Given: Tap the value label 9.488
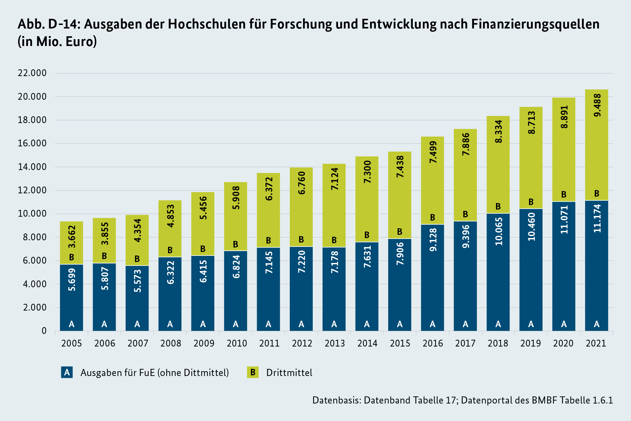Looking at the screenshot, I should [597, 105].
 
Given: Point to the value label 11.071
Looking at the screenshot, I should [564, 219].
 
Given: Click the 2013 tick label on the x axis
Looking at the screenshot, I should [335, 343].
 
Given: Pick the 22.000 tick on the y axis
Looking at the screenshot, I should [32, 73].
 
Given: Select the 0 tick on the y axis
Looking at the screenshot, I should [44, 331].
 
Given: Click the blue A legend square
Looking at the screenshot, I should [67, 372].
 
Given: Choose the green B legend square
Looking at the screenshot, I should [253, 372].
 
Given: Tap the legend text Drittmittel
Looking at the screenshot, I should [289, 373].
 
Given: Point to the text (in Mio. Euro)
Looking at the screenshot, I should [57, 41].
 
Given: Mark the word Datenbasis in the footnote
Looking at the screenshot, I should [336, 400].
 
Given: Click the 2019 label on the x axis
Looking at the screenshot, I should [531, 343].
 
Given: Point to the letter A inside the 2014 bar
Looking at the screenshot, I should [367, 324].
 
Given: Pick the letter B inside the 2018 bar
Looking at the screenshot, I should [498, 206].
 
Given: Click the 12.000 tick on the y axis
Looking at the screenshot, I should [32, 190].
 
